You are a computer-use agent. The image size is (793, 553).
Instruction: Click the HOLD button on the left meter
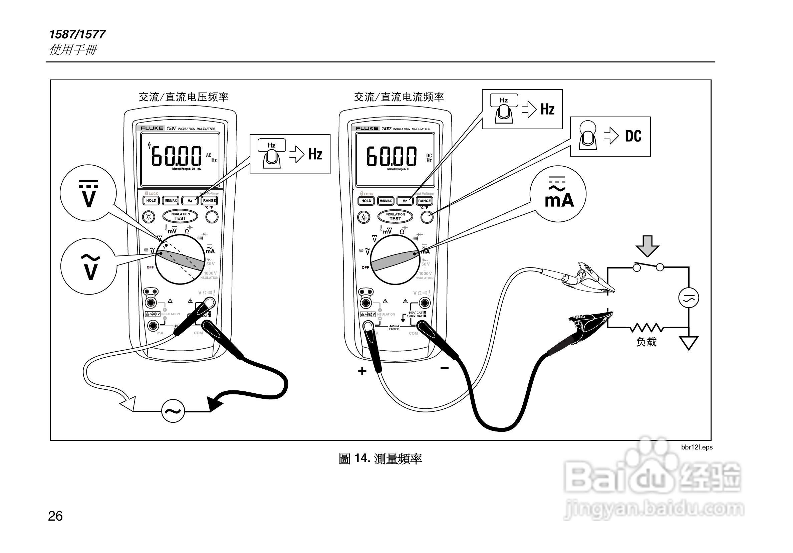click(151, 200)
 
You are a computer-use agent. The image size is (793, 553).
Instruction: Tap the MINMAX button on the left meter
click(171, 200)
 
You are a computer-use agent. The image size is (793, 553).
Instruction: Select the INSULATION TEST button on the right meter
click(395, 217)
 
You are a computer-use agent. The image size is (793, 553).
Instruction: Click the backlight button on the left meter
click(149, 217)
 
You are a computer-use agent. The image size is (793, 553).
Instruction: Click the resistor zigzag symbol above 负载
click(646, 327)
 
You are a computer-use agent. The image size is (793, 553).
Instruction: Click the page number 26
click(55, 516)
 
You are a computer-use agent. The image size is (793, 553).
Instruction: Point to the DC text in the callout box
click(633, 136)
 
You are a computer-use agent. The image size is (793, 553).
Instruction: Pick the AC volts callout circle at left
click(89, 266)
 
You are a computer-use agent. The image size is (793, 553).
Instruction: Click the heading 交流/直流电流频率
click(399, 97)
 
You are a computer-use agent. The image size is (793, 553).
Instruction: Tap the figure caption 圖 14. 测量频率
click(380, 459)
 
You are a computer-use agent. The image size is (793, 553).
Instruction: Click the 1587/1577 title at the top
click(77, 34)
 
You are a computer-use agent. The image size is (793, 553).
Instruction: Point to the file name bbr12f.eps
click(697, 447)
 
